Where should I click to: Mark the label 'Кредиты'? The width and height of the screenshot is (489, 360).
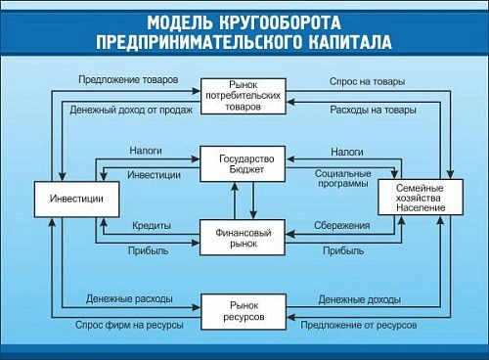tap(151, 225)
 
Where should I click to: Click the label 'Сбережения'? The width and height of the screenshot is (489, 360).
tap(342, 225)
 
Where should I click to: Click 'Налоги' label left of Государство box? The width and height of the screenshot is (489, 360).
tap(146, 152)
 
